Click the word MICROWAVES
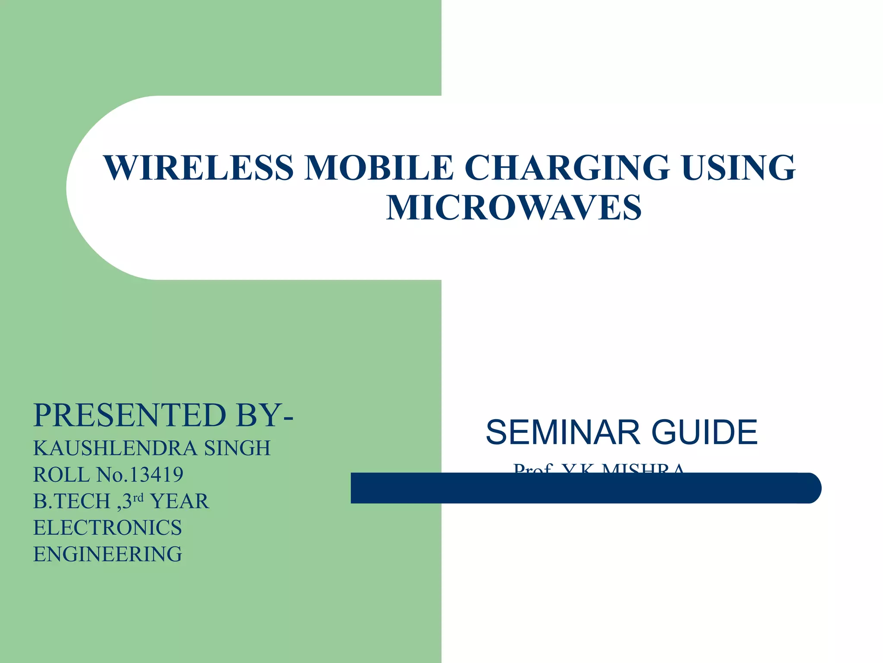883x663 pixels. [x=514, y=208]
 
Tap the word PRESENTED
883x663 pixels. [x=130, y=415]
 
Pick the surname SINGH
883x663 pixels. [x=238, y=448]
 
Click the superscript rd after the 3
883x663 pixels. [x=138, y=498]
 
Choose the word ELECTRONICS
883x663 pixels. [x=108, y=528]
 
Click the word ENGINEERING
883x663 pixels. [x=108, y=555]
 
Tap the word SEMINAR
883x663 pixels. [x=563, y=433]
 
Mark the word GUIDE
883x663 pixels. [x=705, y=433]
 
